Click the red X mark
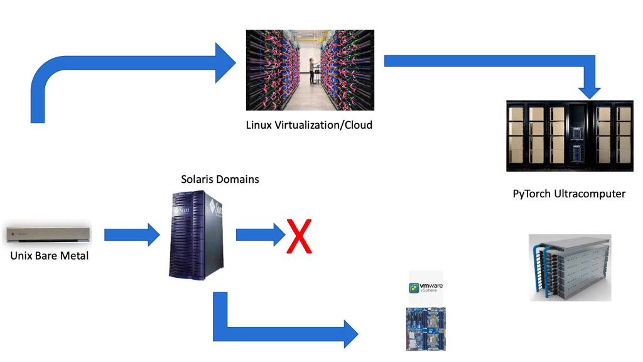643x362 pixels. click(299, 236)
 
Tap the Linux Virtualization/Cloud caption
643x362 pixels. click(309, 124)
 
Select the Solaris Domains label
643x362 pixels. click(220, 179)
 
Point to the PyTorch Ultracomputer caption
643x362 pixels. click(569, 193)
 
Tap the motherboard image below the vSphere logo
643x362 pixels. click(426, 328)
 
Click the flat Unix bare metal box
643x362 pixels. click(48, 234)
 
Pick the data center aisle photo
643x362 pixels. click(310, 70)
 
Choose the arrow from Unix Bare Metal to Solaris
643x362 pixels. click(132, 235)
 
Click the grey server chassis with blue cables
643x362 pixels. click(569, 267)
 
